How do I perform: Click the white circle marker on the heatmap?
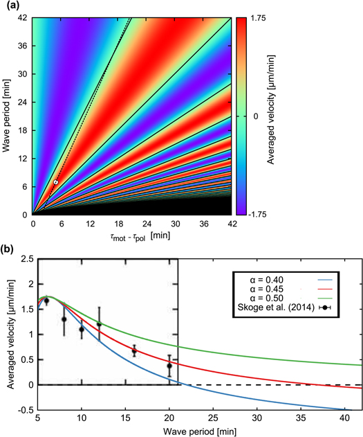56,182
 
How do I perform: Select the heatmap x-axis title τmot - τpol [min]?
131,236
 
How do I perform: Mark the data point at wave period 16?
134,352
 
